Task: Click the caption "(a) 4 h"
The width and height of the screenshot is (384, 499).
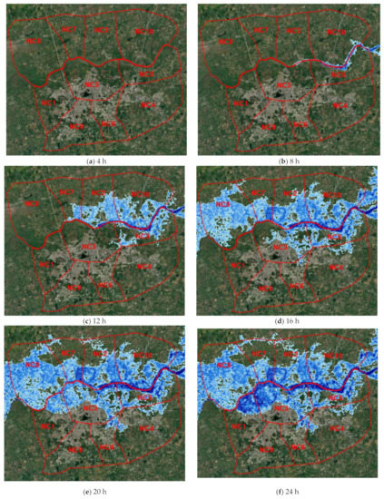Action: pos(95,161)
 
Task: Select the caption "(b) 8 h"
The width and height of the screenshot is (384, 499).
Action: pos(287,161)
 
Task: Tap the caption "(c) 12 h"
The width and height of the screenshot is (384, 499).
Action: pos(95,321)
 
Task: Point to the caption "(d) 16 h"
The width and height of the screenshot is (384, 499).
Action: pos(287,321)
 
